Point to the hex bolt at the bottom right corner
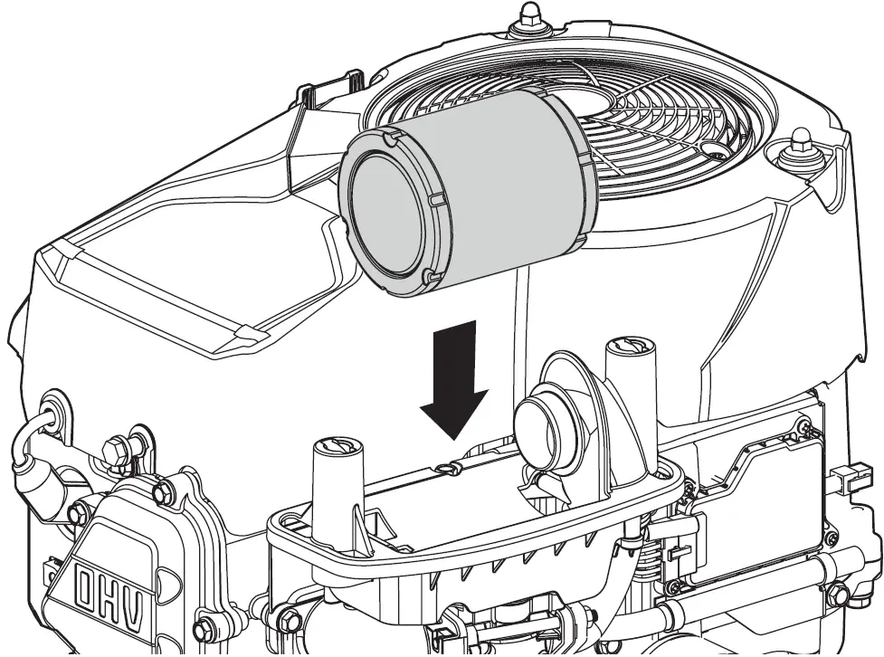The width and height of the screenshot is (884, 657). (x=837, y=594)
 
